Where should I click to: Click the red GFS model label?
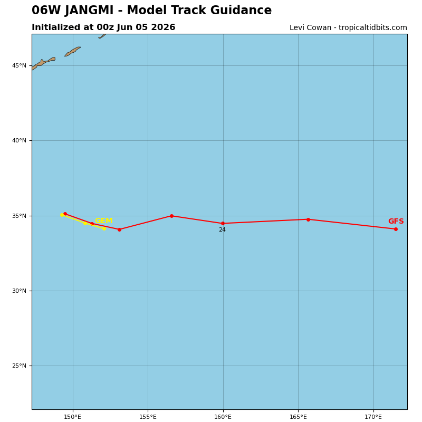click(396, 221)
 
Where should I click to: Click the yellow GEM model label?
click(104, 220)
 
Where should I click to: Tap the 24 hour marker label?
click(222, 230)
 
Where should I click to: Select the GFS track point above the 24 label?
click(223, 223)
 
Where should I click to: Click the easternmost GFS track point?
click(396, 229)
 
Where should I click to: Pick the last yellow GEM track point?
click(104, 229)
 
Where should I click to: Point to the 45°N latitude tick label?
click(19, 65)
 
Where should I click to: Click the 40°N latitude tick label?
click(19, 140)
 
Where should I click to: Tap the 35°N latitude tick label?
click(19, 216)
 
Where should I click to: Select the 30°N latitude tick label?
click(19, 291)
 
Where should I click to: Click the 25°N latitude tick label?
click(19, 366)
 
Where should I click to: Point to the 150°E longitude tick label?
click(73, 417)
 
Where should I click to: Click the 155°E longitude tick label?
click(148, 417)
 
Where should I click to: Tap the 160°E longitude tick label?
click(223, 417)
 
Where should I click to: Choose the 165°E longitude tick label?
click(298, 417)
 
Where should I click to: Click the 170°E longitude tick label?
click(373, 417)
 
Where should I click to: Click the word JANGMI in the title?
click(89, 10)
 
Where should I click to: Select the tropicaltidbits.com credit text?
click(373, 28)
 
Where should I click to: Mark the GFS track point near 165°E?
click(308, 219)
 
